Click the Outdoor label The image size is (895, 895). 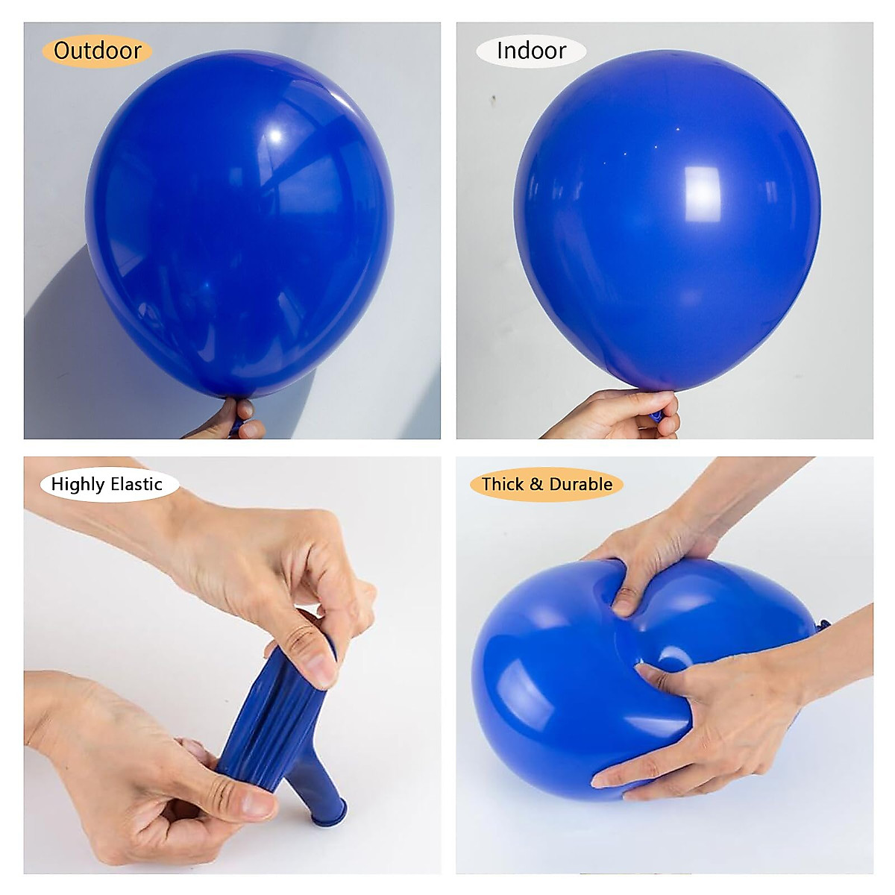[x=98, y=51]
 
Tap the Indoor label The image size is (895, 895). [x=531, y=51]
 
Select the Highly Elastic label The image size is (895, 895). [x=107, y=485]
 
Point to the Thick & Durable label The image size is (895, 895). [x=547, y=485]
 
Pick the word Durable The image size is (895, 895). [x=580, y=485]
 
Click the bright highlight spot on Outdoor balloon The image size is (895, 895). [x=277, y=136]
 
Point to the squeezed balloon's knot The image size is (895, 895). [x=823, y=625]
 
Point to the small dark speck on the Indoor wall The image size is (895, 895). [x=492, y=97]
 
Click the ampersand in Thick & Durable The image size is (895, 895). [x=536, y=485]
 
